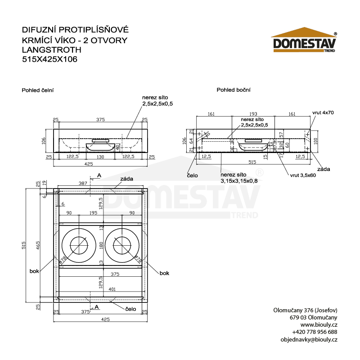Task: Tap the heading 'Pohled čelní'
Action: click(38, 90)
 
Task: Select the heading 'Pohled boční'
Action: click(234, 90)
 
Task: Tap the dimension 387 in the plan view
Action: click(83, 183)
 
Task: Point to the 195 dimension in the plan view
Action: click(94, 212)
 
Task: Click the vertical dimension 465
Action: click(38, 245)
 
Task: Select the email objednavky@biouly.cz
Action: click(308, 339)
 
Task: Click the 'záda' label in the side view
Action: click(323, 169)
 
